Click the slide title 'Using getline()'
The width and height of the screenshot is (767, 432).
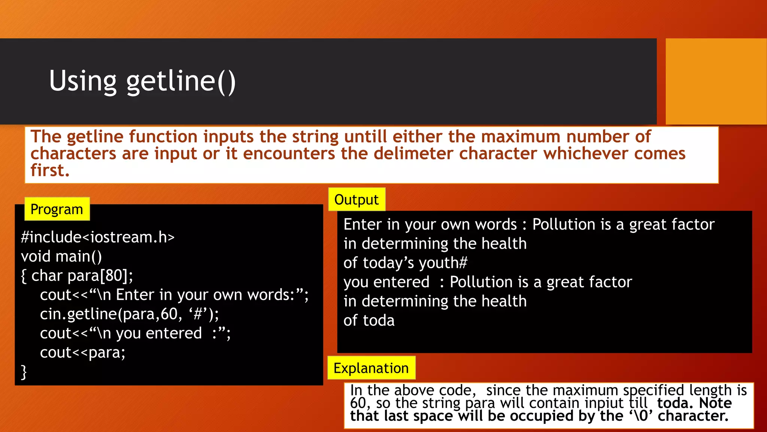[x=142, y=81]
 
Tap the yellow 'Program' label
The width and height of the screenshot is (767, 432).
[x=57, y=209]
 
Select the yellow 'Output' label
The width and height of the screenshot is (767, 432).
[x=356, y=199]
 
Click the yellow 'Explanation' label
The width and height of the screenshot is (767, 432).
[x=371, y=368]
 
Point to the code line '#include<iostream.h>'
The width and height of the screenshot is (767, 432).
[x=98, y=237]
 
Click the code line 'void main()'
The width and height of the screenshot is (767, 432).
[x=61, y=256]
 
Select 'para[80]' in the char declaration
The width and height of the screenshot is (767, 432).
[x=100, y=276]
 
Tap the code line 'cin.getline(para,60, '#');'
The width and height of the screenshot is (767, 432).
[x=129, y=314]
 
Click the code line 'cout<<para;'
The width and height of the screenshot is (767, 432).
[x=82, y=352]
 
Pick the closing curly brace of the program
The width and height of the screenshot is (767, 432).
[x=24, y=372]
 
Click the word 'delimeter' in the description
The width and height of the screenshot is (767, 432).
[x=413, y=153]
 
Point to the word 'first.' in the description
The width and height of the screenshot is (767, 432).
[x=50, y=170]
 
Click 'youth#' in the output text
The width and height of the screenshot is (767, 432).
[x=443, y=263]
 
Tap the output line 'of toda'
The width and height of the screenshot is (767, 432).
[x=369, y=321]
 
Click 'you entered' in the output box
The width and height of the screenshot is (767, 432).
[x=386, y=282]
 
